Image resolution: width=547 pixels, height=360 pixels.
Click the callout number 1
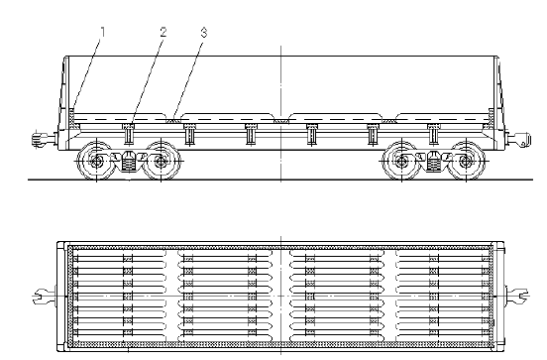tap(102, 32)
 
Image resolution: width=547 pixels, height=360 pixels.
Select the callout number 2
tap(164, 32)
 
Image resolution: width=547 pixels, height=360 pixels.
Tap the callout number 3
tap(204, 33)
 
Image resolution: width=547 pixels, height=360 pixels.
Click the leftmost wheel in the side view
tap(96, 161)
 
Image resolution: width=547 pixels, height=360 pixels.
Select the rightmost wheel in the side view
tap(466, 161)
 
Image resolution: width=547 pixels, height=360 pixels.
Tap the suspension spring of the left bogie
tap(129, 162)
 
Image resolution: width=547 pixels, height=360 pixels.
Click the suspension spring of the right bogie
tap(433, 162)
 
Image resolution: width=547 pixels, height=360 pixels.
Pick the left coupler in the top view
tap(44, 297)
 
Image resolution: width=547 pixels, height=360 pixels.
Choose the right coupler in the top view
tap(517, 297)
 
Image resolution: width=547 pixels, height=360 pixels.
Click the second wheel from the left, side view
tap(161, 161)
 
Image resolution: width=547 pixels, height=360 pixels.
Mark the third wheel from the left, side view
tap(401, 161)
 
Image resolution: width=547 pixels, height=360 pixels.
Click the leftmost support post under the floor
tap(129, 134)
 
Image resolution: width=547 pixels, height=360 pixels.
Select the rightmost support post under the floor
tap(433, 134)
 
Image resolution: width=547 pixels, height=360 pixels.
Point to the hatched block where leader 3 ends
tap(172, 121)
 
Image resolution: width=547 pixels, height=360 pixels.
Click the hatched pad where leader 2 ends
tap(129, 126)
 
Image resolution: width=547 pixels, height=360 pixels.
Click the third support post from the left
tap(250, 134)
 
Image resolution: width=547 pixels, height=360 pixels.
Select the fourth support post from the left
tap(311, 134)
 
